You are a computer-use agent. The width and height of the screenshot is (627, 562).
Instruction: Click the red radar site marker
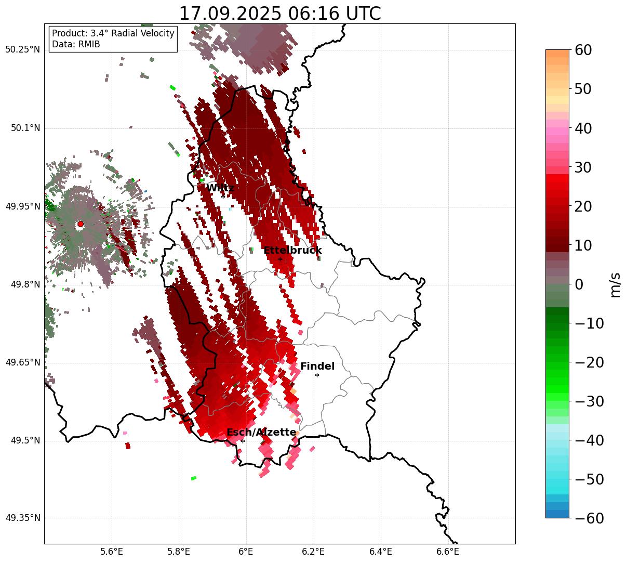coord(80,224)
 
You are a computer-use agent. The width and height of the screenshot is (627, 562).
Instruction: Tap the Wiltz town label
coord(220,188)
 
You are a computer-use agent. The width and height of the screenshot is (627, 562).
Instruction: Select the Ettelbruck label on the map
coord(292,251)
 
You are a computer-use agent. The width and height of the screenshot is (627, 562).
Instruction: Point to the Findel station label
coord(317,367)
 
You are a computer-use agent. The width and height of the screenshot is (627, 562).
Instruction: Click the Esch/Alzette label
coord(261,433)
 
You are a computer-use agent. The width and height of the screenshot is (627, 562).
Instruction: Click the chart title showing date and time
coord(279,14)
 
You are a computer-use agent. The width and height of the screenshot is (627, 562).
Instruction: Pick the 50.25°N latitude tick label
coord(22,50)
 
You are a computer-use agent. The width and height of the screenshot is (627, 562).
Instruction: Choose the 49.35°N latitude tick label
coord(22,518)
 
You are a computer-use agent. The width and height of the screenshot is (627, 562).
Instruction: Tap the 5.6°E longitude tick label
coord(112,551)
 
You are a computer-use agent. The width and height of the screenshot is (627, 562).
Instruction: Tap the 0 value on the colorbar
coord(579,284)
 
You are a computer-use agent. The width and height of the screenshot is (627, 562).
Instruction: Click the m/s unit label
coord(615,284)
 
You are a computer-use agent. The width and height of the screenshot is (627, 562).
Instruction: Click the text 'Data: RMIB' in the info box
coord(76,45)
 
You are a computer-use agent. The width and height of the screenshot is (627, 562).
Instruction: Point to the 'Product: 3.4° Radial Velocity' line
coord(113,34)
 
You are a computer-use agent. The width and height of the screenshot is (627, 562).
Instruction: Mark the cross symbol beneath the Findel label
coord(317,375)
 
